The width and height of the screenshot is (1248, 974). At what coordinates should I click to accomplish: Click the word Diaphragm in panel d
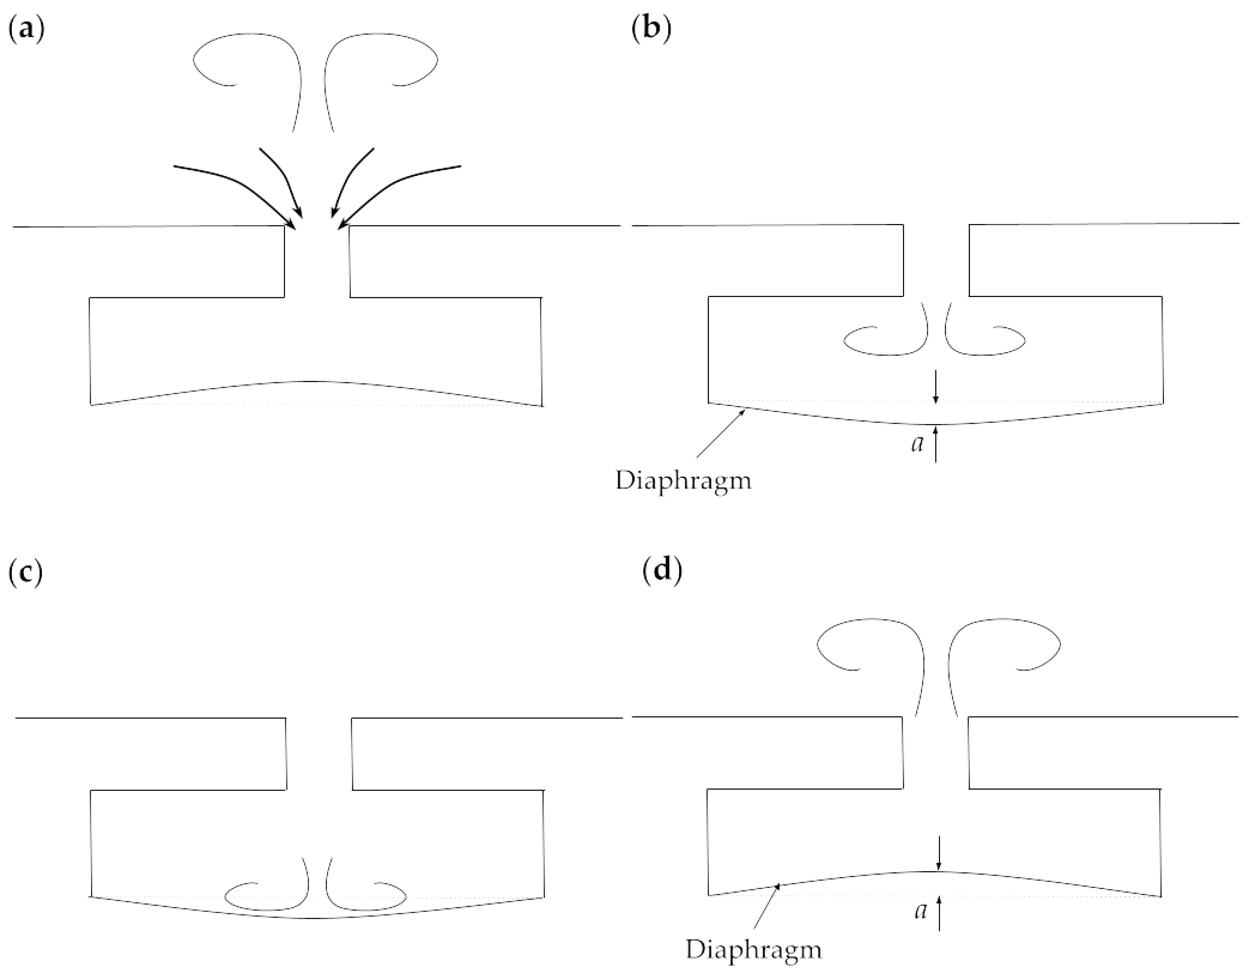[754, 950]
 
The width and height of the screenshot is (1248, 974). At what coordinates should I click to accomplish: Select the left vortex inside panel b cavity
[886, 340]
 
